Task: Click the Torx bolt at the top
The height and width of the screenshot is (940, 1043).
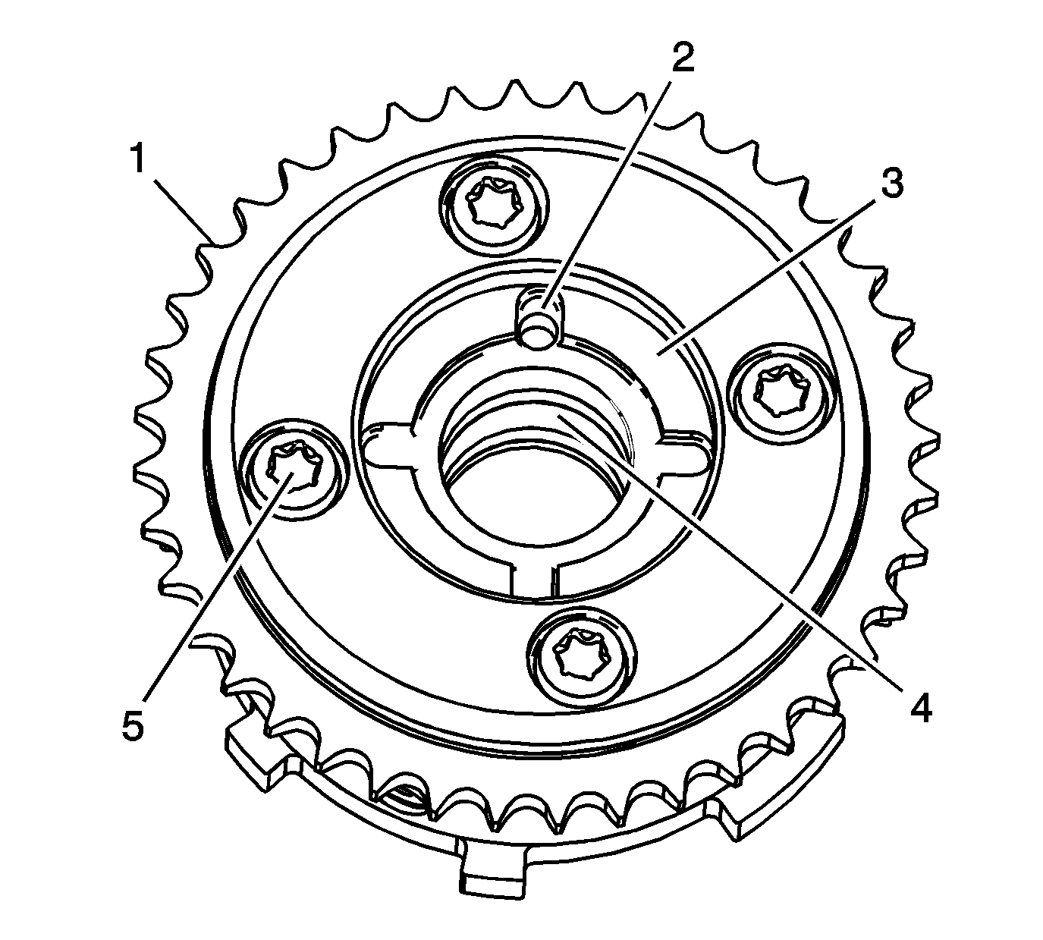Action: [494, 203]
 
